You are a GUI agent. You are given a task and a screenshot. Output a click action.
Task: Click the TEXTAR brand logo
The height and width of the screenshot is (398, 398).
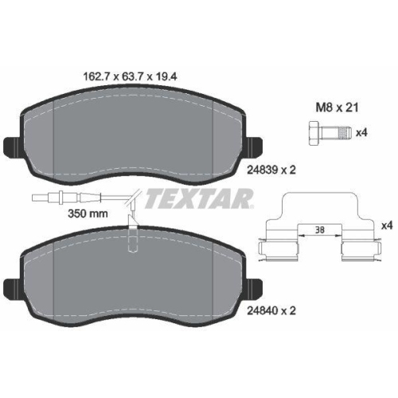(x=189, y=197)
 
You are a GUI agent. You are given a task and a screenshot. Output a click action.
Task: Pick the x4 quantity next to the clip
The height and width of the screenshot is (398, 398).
(x=386, y=226)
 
